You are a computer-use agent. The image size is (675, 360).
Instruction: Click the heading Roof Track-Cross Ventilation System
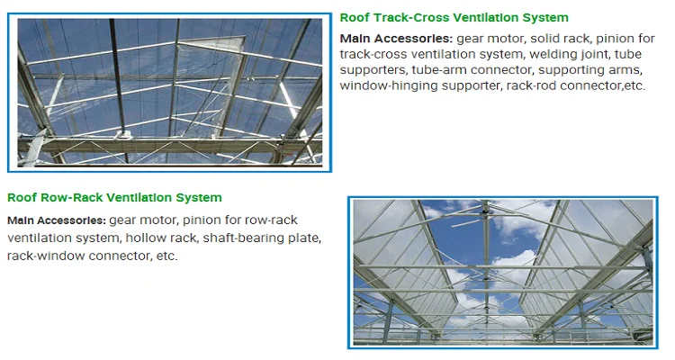(x=454, y=18)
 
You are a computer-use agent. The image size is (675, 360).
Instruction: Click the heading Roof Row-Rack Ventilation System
(x=114, y=198)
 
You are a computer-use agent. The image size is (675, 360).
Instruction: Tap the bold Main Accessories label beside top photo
(x=396, y=39)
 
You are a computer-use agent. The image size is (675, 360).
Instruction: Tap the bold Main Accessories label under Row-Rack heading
(x=57, y=220)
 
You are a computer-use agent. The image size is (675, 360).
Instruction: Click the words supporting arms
(x=589, y=70)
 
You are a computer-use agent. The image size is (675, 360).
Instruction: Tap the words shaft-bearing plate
(x=261, y=238)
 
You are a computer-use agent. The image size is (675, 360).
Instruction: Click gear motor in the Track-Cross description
(x=490, y=40)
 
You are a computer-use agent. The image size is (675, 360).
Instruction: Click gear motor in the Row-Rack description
(x=142, y=220)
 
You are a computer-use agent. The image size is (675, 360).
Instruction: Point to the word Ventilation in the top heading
(x=486, y=18)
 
